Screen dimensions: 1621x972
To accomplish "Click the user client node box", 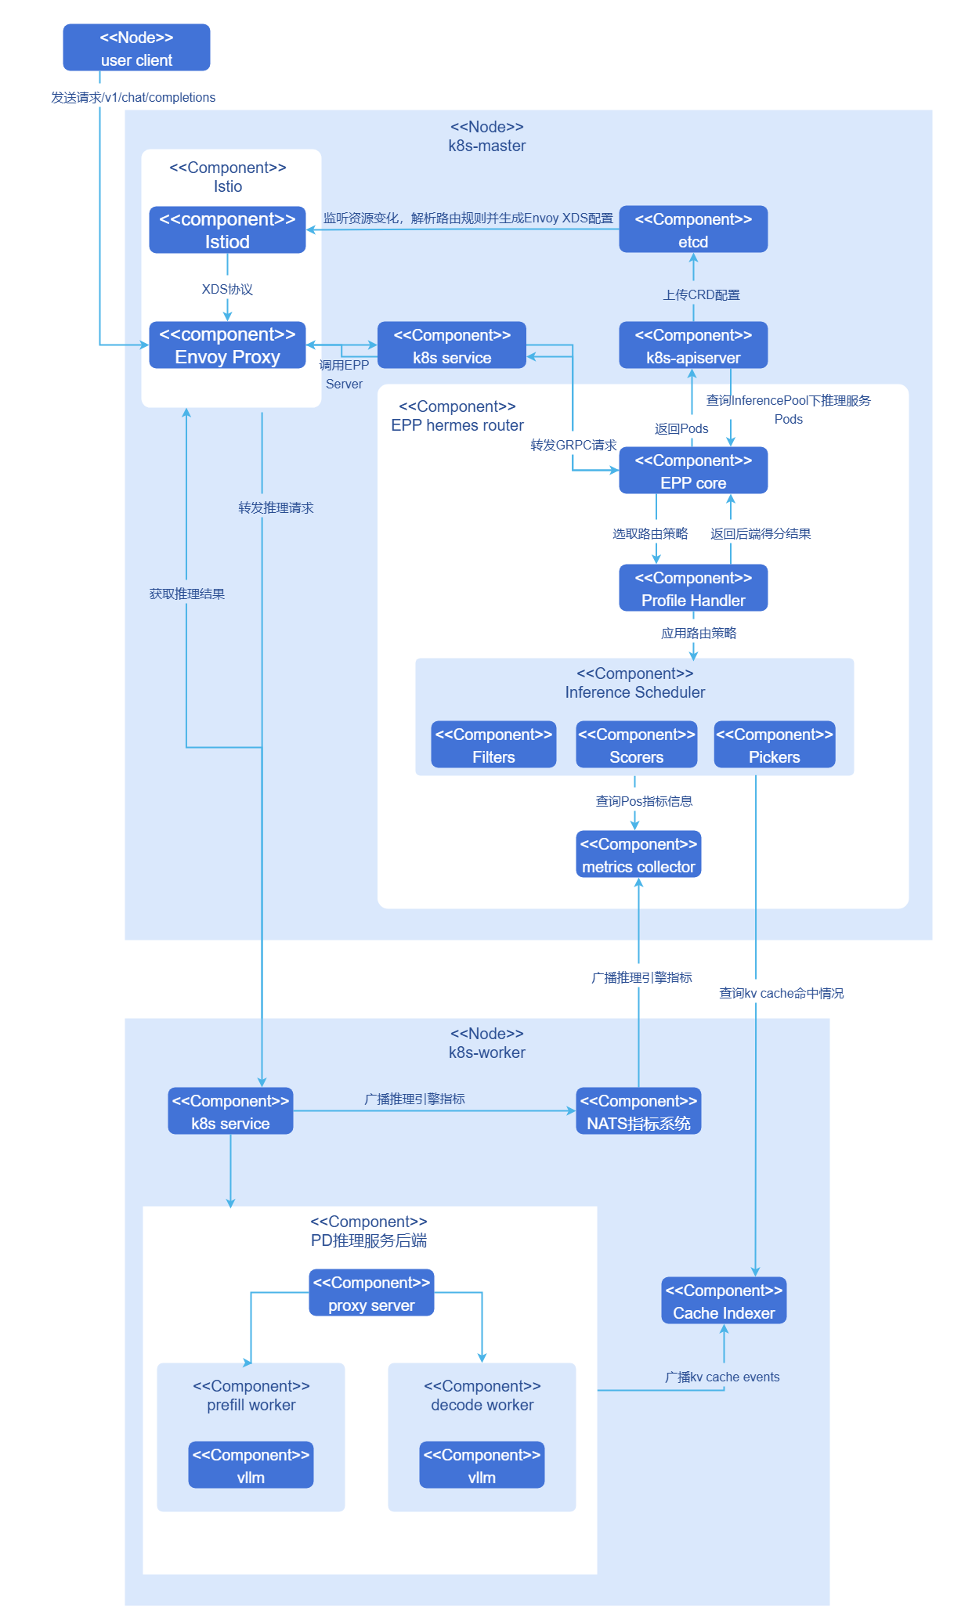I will click(136, 48).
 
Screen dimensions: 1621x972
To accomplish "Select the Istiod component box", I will click(227, 229).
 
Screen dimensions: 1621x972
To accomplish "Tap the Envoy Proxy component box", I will click(227, 345).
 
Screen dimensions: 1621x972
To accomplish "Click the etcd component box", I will click(693, 229).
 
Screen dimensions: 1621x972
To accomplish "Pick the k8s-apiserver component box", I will click(693, 345).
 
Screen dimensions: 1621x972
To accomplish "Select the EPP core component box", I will click(693, 471).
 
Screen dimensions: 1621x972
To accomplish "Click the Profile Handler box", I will click(693, 588).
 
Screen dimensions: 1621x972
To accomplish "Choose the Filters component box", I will click(493, 745).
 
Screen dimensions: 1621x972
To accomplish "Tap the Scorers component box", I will click(636, 745).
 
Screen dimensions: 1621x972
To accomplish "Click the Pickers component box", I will click(774, 745).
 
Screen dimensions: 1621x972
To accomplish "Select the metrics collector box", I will click(638, 854).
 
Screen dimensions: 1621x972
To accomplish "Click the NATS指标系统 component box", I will click(638, 1111).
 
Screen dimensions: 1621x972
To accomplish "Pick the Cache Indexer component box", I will click(724, 1301).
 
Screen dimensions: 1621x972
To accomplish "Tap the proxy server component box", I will click(371, 1293).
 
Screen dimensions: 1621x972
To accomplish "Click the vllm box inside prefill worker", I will click(251, 1465).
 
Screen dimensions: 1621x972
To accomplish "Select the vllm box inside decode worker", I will click(482, 1465).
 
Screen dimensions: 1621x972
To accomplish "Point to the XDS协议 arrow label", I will click(227, 289).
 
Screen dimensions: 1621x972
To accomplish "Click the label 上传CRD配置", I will click(701, 295).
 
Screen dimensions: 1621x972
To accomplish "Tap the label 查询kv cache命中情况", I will click(781, 994).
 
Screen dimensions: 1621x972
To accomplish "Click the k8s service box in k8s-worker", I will click(230, 1111).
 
